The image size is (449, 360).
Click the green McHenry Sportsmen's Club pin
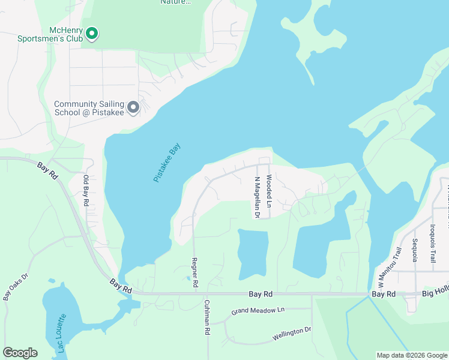click(x=92, y=34)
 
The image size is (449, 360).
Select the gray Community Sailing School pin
click(x=133, y=107)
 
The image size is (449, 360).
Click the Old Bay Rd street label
click(x=86, y=191)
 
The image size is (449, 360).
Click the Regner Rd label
click(x=194, y=272)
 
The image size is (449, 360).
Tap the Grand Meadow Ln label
click(x=258, y=311)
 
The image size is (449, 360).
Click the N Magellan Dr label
click(x=257, y=196)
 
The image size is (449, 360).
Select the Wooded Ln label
click(x=270, y=191)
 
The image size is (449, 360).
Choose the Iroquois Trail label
click(x=432, y=244)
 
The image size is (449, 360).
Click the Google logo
click(x=20, y=353)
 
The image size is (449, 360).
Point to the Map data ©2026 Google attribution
click(x=411, y=355)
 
